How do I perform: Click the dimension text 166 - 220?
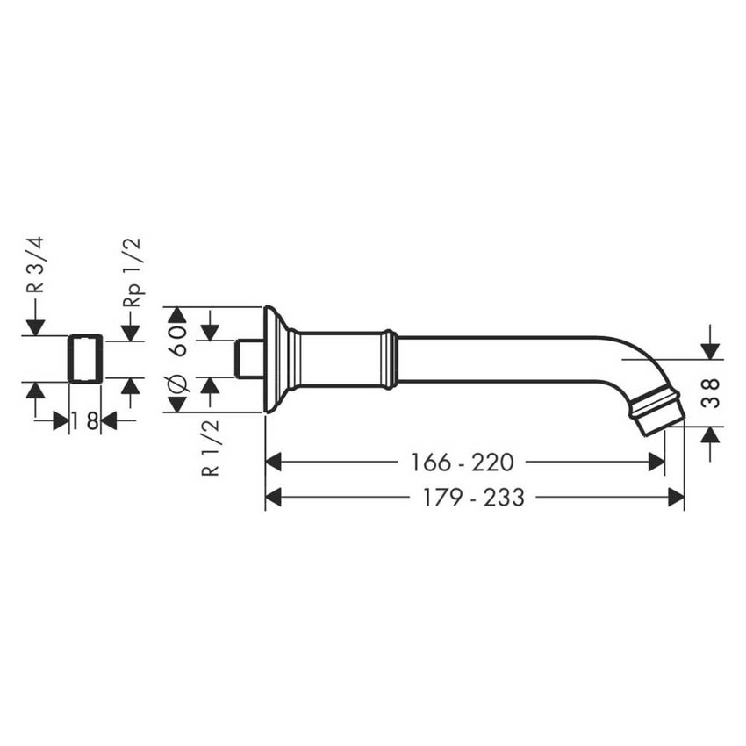click(x=462, y=462)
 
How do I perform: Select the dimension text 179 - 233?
click(x=473, y=498)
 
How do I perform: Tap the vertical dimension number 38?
click(x=710, y=393)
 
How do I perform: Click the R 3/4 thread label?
click(x=35, y=264)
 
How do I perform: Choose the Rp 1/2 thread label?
click(x=132, y=272)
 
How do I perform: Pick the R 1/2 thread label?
click(x=211, y=448)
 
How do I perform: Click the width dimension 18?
click(x=85, y=421)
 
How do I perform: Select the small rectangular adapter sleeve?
click(x=85, y=359)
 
